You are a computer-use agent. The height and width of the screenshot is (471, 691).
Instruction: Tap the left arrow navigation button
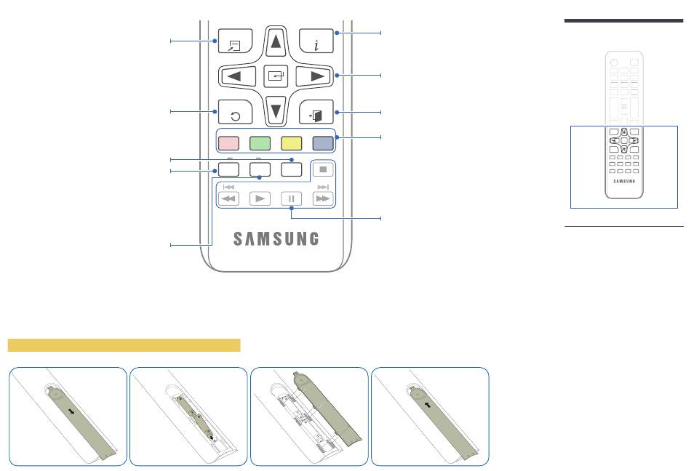[x=238, y=76]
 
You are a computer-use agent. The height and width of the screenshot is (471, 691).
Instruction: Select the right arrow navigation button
[x=313, y=76]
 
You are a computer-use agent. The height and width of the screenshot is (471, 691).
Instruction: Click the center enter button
[x=276, y=76]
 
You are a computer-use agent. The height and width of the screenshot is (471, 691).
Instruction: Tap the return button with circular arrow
[x=236, y=112]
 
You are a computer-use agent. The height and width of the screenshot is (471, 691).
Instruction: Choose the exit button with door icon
[x=316, y=112]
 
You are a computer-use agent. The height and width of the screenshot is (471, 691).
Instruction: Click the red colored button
[x=228, y=143]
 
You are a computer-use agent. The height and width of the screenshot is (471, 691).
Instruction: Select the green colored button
[x=260, y=143]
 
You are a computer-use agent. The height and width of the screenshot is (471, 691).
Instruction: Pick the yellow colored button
[x=292, y=143]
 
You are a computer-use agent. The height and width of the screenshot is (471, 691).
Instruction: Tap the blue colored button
[x=323, y=143]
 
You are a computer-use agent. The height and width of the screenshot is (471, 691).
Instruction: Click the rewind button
[x=228, y=198]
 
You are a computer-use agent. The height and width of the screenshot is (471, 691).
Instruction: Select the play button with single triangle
[x=260, y=198]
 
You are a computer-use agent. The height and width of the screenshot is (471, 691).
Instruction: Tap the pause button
[x=292, y=198]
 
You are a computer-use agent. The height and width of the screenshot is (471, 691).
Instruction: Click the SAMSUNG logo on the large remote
[x=276, y=238]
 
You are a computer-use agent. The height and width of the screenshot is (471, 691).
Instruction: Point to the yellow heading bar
[x=124, y=345]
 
